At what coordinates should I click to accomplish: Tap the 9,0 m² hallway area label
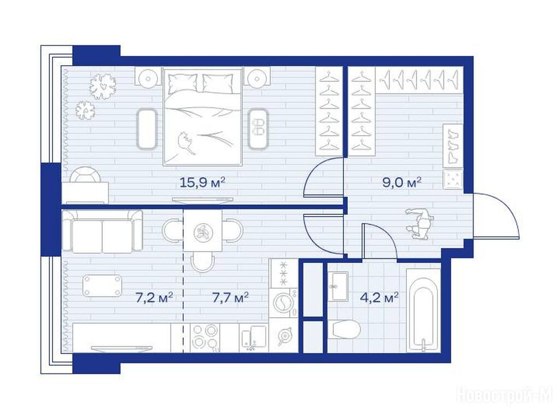pyautogui.click(x=402, y=183)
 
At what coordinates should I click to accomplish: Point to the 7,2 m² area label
pyautogui.click(x=154, y=297)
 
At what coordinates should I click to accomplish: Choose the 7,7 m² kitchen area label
pyautogui.click(x=230, y=297)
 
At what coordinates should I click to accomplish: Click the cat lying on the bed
pyautogui.click(x=186, y=142)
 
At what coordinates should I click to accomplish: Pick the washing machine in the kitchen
pyautogui.click(x=284, y=302)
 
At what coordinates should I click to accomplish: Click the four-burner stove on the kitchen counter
pyautogui.click(x=205, y=338)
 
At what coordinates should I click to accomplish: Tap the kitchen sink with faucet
pyautogui.click(x=253, y=338)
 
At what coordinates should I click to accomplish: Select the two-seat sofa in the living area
pyautogui.click(x=102, y=231)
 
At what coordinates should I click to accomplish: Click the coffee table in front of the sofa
pyautogui.click(x=102, y=285)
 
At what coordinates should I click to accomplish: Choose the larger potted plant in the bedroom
pyautogui.click(x=102, y=86)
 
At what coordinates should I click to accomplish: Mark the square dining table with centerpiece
pyautogui.click(x=202, y=231)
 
